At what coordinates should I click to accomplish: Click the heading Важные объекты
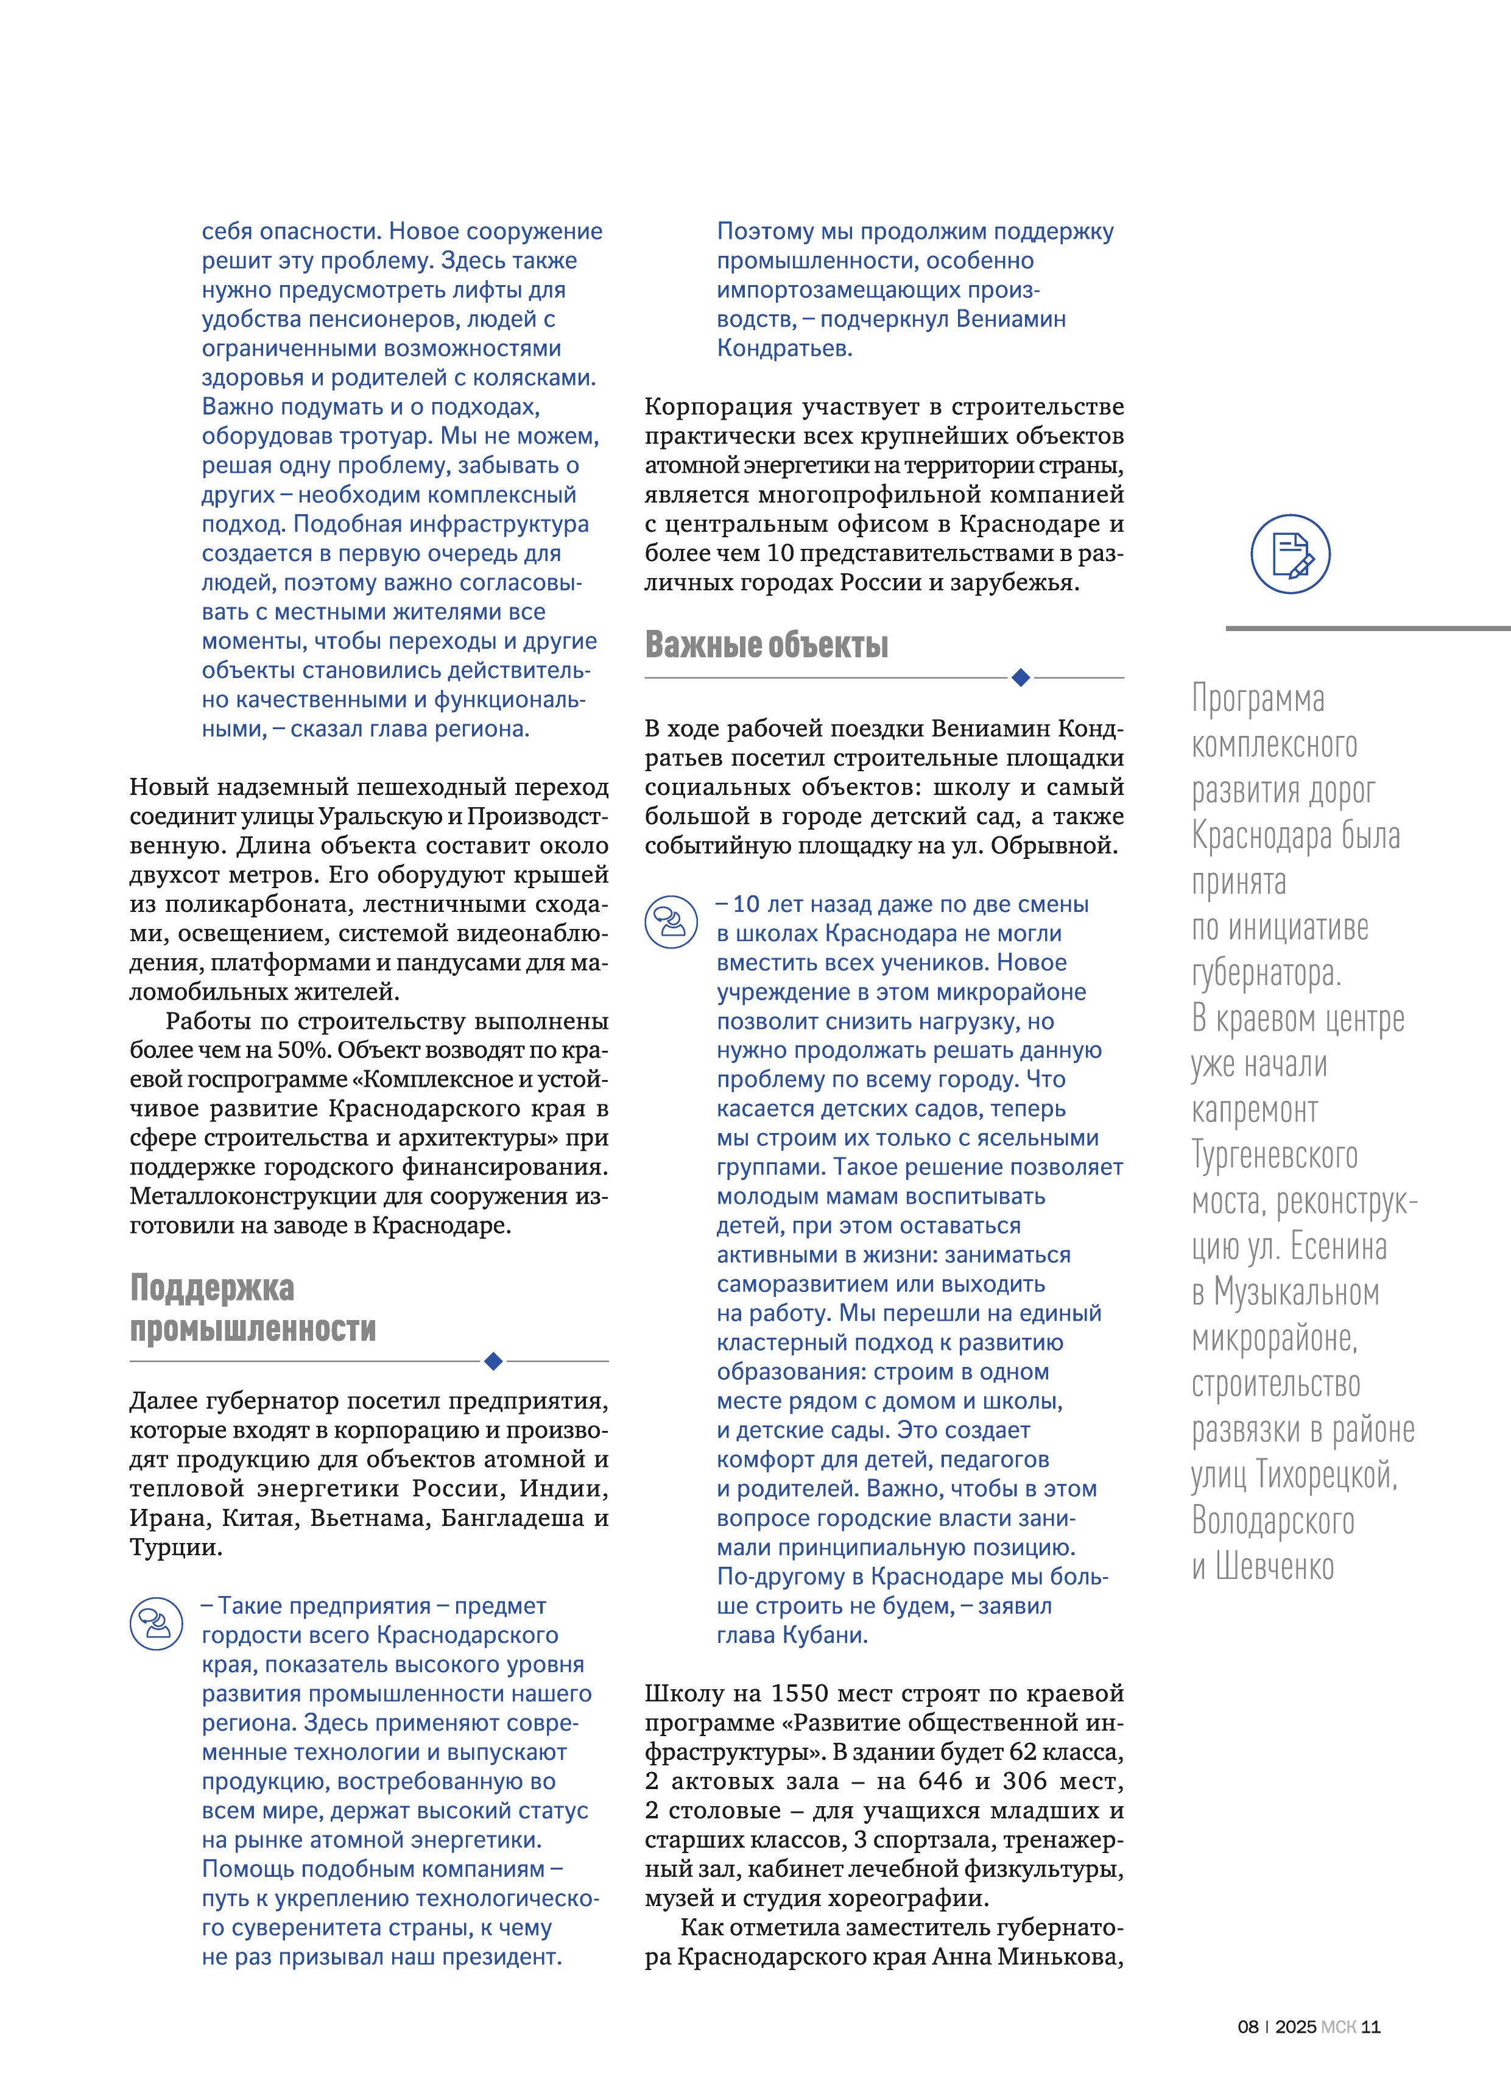[767, 645]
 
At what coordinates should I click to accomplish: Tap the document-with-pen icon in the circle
[1290, 554]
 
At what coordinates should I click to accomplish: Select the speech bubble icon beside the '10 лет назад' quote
[671, 922]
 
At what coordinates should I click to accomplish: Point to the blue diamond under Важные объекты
[1020, 678]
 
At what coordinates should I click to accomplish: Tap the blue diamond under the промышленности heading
[493, 1361]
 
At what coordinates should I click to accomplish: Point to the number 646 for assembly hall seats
[940, 1781]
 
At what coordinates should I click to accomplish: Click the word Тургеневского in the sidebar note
[1275, 1156]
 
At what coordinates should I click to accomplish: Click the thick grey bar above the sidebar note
[1367, 629]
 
